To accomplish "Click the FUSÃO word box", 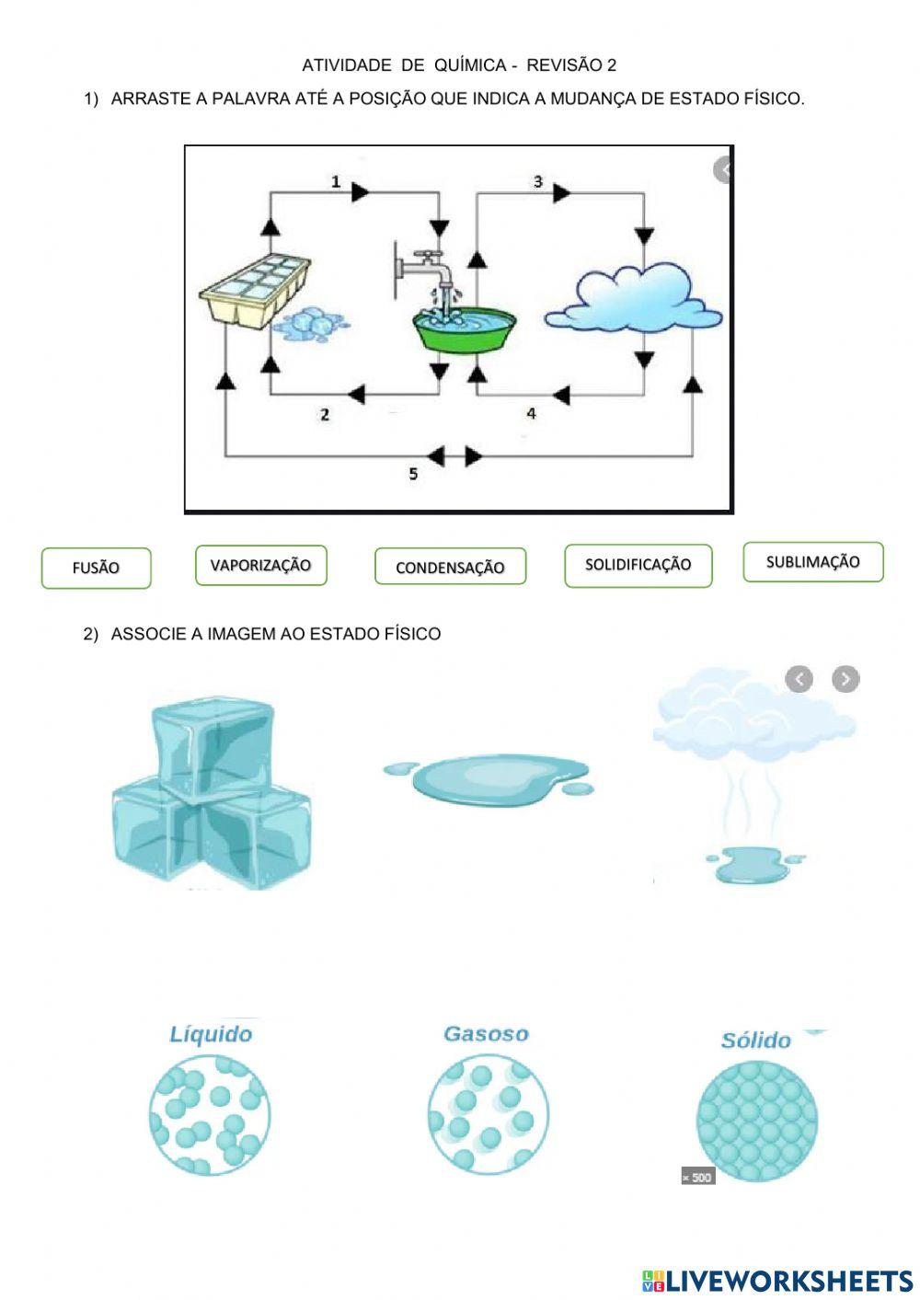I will coord(96,568).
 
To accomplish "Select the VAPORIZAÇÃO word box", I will coord(260,565).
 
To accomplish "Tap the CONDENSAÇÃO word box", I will coord(450,567).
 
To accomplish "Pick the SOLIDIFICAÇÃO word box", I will coord(638,565).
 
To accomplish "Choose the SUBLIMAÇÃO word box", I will coord(812,562).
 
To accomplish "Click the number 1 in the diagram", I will coord(336,182).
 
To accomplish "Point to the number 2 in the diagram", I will coord(325,415).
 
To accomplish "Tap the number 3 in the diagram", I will coord(538,182).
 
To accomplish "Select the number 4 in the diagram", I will coord(531,414).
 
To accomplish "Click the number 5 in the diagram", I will coord(413,474).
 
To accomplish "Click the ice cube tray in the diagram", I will coord(255,289).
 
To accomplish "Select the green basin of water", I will coord(464,331).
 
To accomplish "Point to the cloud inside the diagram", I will coord(634,299).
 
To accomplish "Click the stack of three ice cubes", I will coord(212,792).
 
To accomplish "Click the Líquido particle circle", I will coord(210,1114).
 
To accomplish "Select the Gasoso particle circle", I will coord(487,1114).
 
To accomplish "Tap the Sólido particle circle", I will coord(756,1120).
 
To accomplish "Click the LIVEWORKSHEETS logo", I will coord(776,1280).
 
